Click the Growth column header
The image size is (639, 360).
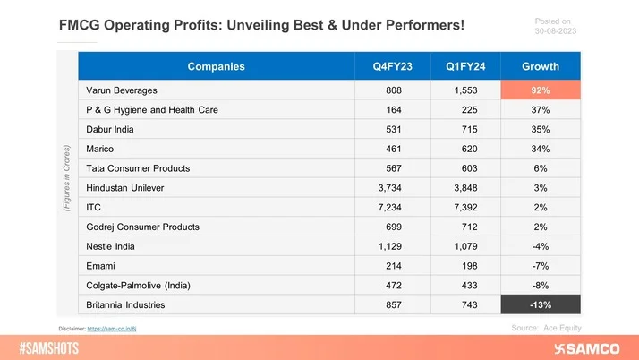tap(541, 66)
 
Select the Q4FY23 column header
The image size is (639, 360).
tap(393, 66)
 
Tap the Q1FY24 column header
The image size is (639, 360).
tap(465, 66)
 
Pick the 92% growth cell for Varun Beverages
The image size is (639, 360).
tap(541, 90)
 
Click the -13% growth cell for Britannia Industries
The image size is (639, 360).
tap(541, 305)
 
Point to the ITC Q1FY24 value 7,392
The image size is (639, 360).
tap(465, 208)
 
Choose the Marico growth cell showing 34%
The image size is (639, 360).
tap(541, 149)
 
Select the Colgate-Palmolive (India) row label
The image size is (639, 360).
tap(139, 286)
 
